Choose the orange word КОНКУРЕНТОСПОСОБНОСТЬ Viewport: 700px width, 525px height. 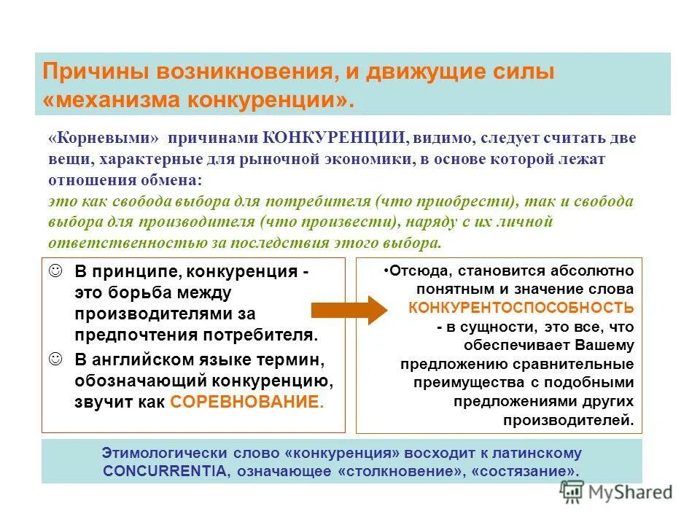[x=521, y=308]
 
